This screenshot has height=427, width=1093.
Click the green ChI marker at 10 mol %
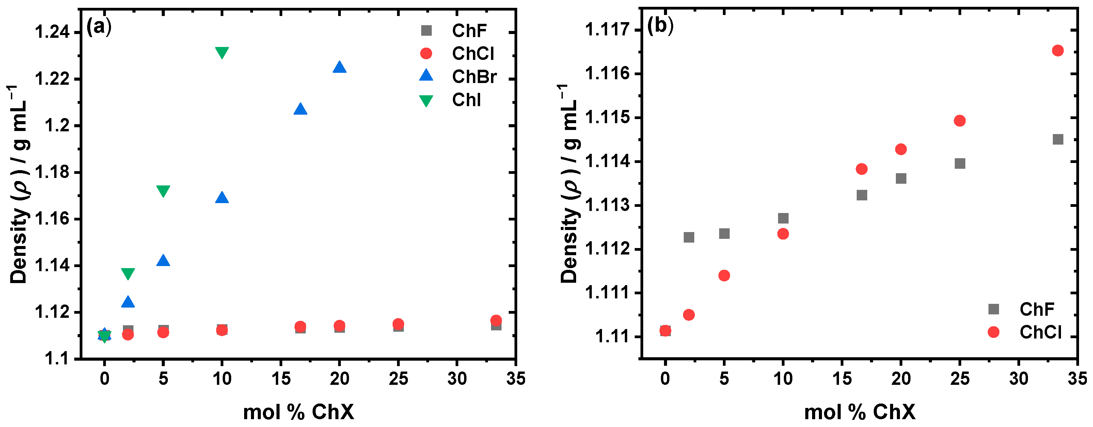(222, 52)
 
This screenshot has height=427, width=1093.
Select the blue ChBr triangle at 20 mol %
(339, 67)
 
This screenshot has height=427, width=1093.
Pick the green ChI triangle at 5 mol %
(163, 191)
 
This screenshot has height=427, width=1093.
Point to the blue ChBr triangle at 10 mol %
(222, 198)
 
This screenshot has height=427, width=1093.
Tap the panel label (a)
(99, 27)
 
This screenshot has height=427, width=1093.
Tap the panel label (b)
(660, 26)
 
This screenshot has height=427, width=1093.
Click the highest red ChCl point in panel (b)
(1058, 50)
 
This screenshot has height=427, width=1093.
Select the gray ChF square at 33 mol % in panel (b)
(1058, 139)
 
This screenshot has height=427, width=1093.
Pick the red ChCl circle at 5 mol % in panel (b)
(724, 276)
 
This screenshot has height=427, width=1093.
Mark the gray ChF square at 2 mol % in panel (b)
(689, 237)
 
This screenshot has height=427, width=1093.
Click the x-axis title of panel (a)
(298, 412)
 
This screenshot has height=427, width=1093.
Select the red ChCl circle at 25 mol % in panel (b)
(960, 121)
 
